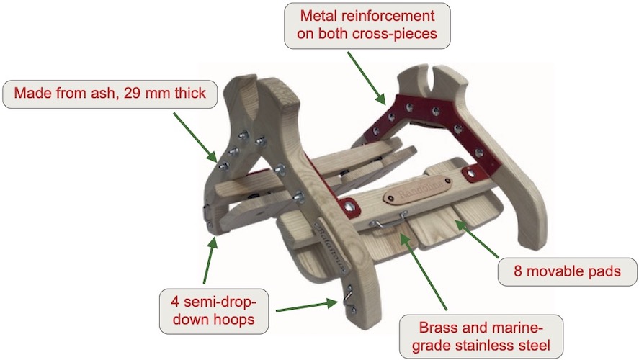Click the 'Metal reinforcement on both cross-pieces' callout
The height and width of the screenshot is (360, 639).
point(367,25)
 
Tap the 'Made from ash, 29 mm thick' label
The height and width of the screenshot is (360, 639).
point(110,94)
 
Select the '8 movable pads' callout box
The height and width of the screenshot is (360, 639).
point(567,271)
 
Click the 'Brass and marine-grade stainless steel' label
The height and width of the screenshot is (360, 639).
point(481,336)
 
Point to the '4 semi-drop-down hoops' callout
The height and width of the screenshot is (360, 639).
point(213,311)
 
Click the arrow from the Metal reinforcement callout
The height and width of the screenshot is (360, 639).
point(366,77)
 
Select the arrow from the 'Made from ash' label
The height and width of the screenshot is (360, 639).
point(195,138)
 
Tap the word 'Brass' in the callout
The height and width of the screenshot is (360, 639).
point(439,328)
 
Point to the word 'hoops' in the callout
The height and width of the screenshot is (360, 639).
point(234,319)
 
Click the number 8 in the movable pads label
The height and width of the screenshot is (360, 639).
point(518,271)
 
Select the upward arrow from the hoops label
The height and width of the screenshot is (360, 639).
point(209,261)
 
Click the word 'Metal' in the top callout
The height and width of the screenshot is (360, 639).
point(318,16)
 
